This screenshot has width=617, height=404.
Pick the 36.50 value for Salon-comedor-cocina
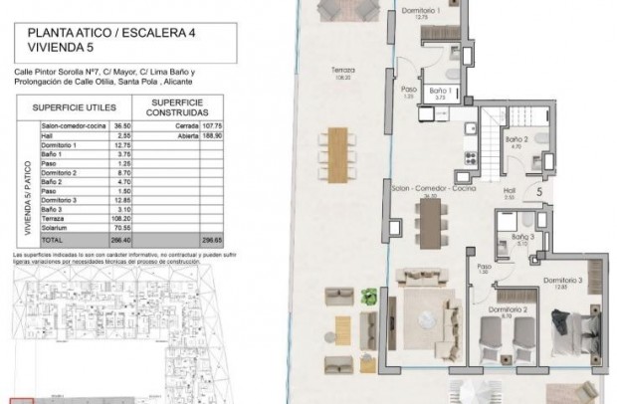tap(122, 126)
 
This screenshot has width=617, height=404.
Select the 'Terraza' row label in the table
tap(54, 220)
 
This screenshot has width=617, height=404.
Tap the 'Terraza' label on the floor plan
tap(343, 70)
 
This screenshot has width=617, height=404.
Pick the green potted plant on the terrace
tap(369, 296)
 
